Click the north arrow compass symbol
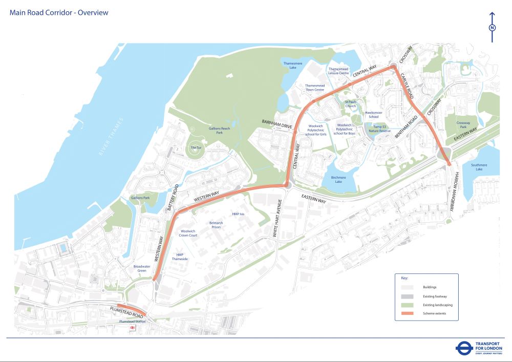[x=492, y=28]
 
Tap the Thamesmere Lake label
[x=293, y=65]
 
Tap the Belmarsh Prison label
[x=215, y=225]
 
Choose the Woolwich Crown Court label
[x=188, y=233]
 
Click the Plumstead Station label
[x=132, y=321]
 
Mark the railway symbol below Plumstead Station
[x=132, y=328]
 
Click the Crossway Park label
[x=464, y=125]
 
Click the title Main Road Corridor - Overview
[x=59, y=13]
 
